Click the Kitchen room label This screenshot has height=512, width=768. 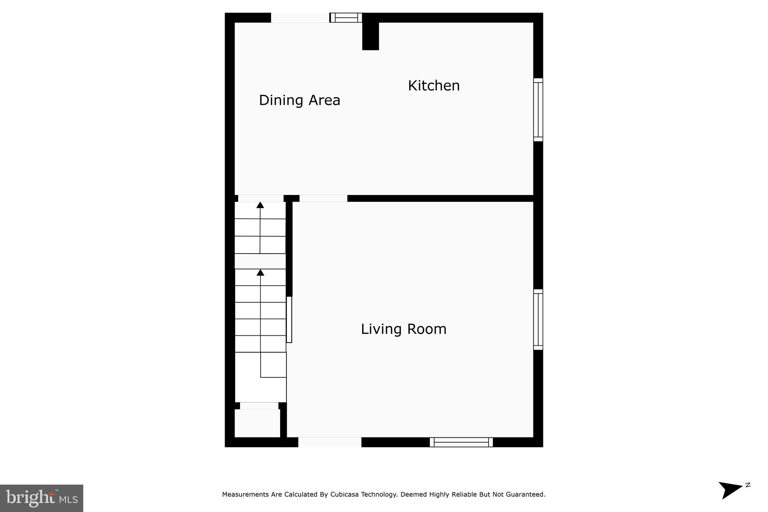[x=433, y=86]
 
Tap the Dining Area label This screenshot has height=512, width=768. [x=299, y=100]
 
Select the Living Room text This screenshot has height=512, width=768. [x=403, y=329]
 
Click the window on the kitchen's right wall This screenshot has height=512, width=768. [x=538, y=110]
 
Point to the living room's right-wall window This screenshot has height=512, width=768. [x=538, y=320]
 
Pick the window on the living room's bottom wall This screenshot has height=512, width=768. [x=461, y=442]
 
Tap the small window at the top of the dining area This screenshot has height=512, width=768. [x=346, y=18]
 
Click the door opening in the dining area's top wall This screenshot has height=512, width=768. [x=300, y=18]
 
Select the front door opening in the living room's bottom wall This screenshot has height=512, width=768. [x=330, y=442]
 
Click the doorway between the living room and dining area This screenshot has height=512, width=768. [x=323, y=198]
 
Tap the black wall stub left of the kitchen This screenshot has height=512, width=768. [x=370, y=36]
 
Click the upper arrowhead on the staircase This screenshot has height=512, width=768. [x=260, y=205]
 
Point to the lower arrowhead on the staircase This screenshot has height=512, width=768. [x=260, y=272]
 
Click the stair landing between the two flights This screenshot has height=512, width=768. [x=260, y=261]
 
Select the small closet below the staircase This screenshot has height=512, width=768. [x=257, y=423]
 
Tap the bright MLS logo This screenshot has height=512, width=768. [x=42, y=498]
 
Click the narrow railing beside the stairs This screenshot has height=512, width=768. [x=289, y=319]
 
